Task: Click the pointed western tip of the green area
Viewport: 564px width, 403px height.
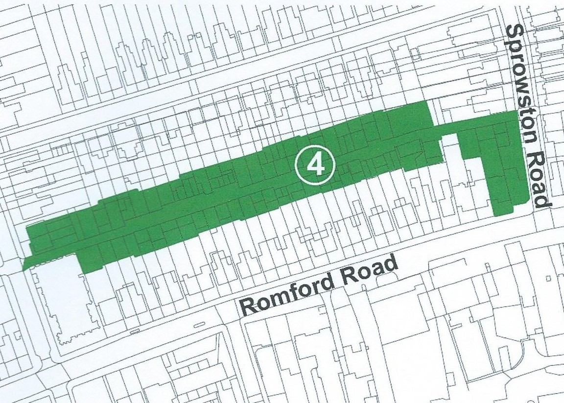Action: tap(23, 269)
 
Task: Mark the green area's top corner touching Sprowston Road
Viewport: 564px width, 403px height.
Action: tap(517, 112)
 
